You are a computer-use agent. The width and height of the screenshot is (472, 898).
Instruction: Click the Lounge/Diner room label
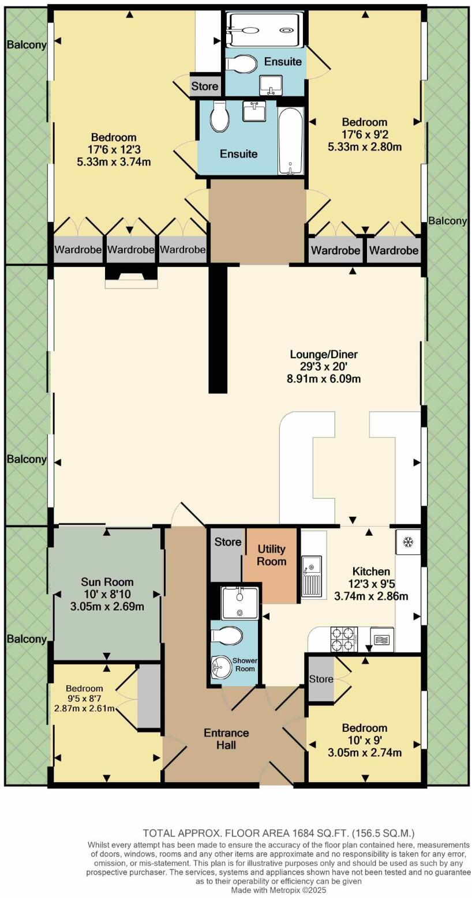(327, 354)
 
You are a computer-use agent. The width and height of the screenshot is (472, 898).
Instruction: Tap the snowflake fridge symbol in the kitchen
(407, 542)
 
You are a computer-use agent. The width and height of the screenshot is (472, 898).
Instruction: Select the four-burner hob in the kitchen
(343, 639)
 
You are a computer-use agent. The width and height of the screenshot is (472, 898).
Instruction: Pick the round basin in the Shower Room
(222, 668)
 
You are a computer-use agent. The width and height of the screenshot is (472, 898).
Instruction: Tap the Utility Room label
(271, 555)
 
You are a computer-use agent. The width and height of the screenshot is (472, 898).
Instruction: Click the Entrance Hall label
(226, 739)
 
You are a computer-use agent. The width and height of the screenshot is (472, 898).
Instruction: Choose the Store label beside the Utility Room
(228, 542)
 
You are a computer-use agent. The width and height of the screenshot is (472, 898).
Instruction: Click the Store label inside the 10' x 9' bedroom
(321, 679)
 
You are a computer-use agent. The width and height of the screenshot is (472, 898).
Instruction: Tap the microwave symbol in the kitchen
(381, 639)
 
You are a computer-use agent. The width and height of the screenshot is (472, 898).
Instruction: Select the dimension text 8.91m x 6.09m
(327, 379)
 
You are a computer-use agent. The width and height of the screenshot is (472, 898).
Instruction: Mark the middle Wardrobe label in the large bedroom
(131, 250)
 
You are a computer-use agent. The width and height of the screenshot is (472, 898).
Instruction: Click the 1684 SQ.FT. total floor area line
(278, 833)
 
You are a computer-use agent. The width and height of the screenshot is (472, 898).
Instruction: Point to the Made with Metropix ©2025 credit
(278, 890)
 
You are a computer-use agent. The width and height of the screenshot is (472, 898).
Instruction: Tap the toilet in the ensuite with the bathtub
(220, 117)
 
